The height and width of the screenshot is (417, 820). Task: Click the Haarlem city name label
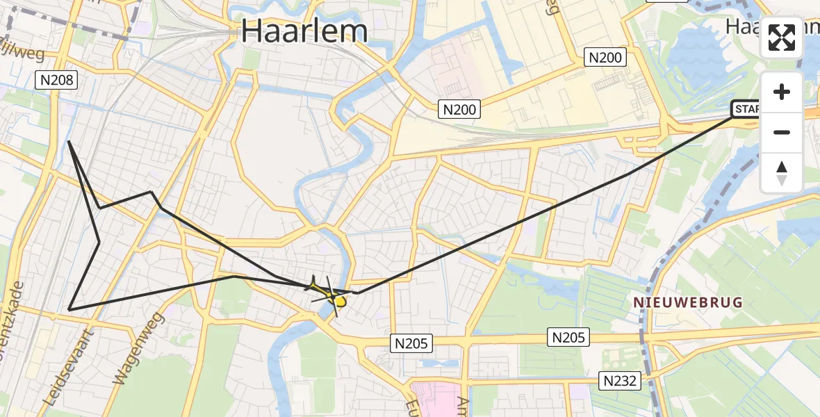click(304, 31)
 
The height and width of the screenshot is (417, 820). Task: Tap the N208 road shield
click(56, 80)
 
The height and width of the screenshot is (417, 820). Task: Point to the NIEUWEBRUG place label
click(687, 302)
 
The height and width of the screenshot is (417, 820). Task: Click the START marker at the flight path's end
click(746, 108)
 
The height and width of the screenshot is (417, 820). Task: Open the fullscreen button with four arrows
click(782, 38)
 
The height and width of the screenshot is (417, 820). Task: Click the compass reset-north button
click(782, 173)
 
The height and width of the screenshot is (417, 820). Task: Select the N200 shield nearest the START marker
click(605, 58)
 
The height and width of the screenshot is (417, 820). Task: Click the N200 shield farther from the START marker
click(459, 108)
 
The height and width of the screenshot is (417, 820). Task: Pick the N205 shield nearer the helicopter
click(413, 343)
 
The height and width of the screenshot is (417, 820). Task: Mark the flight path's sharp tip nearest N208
click(69, 142)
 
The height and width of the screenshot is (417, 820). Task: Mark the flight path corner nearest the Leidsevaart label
click(69, 309)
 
